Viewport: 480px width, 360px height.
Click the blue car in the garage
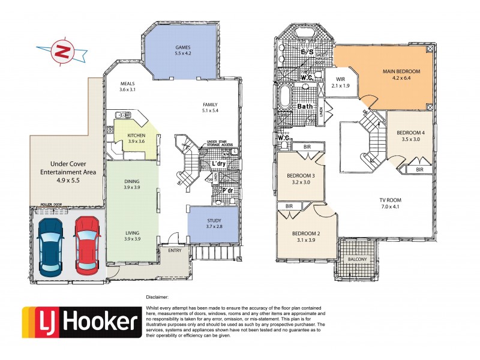coord(50,245)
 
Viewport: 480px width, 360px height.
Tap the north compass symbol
coord(60,52)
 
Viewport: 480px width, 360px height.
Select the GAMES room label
coord(182,47)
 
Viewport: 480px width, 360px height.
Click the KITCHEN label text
coord(137,136)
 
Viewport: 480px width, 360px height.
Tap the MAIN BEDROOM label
coord(401,71)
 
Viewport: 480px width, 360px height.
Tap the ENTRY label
coord(174,250)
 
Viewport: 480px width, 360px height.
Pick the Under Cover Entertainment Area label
coord(67,167)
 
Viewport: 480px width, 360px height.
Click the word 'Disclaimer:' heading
coord(157,296)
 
